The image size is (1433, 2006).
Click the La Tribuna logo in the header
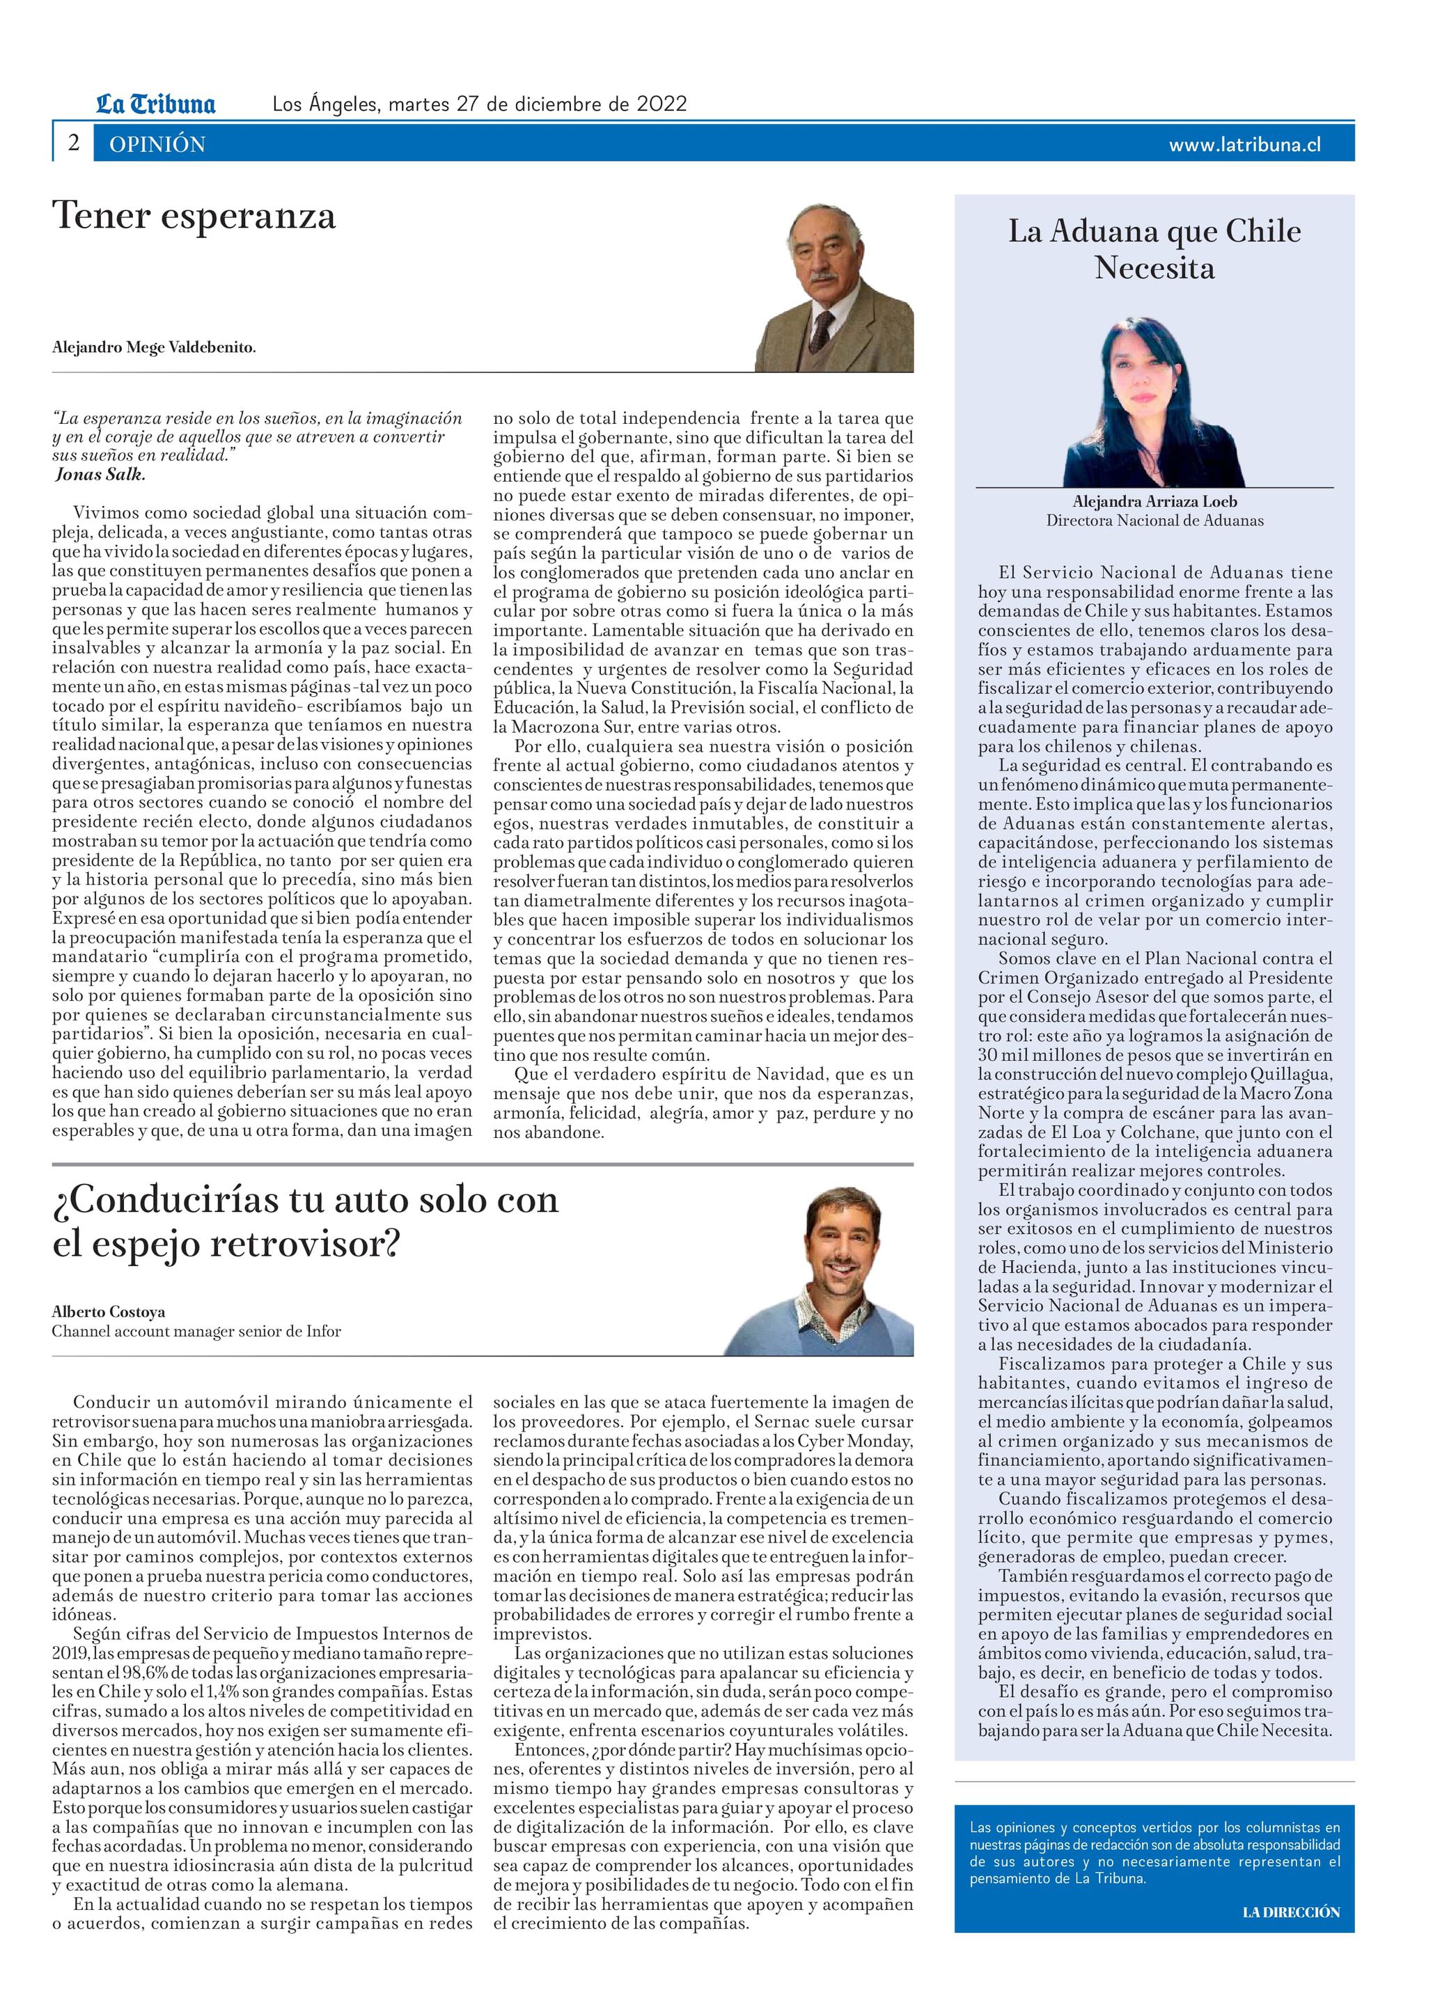(155, 104)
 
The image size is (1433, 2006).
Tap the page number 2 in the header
(74, 143)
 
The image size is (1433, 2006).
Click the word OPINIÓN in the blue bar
(157, 145)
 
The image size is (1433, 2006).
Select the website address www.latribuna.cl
(1244, 145)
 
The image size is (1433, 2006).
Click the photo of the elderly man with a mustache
(834, 287)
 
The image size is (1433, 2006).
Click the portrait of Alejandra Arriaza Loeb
(1154, 402)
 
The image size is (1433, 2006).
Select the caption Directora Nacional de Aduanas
(1154, 521)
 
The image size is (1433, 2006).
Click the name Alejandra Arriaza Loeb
(1154, 502)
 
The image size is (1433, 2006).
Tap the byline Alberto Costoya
(109, 1312)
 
